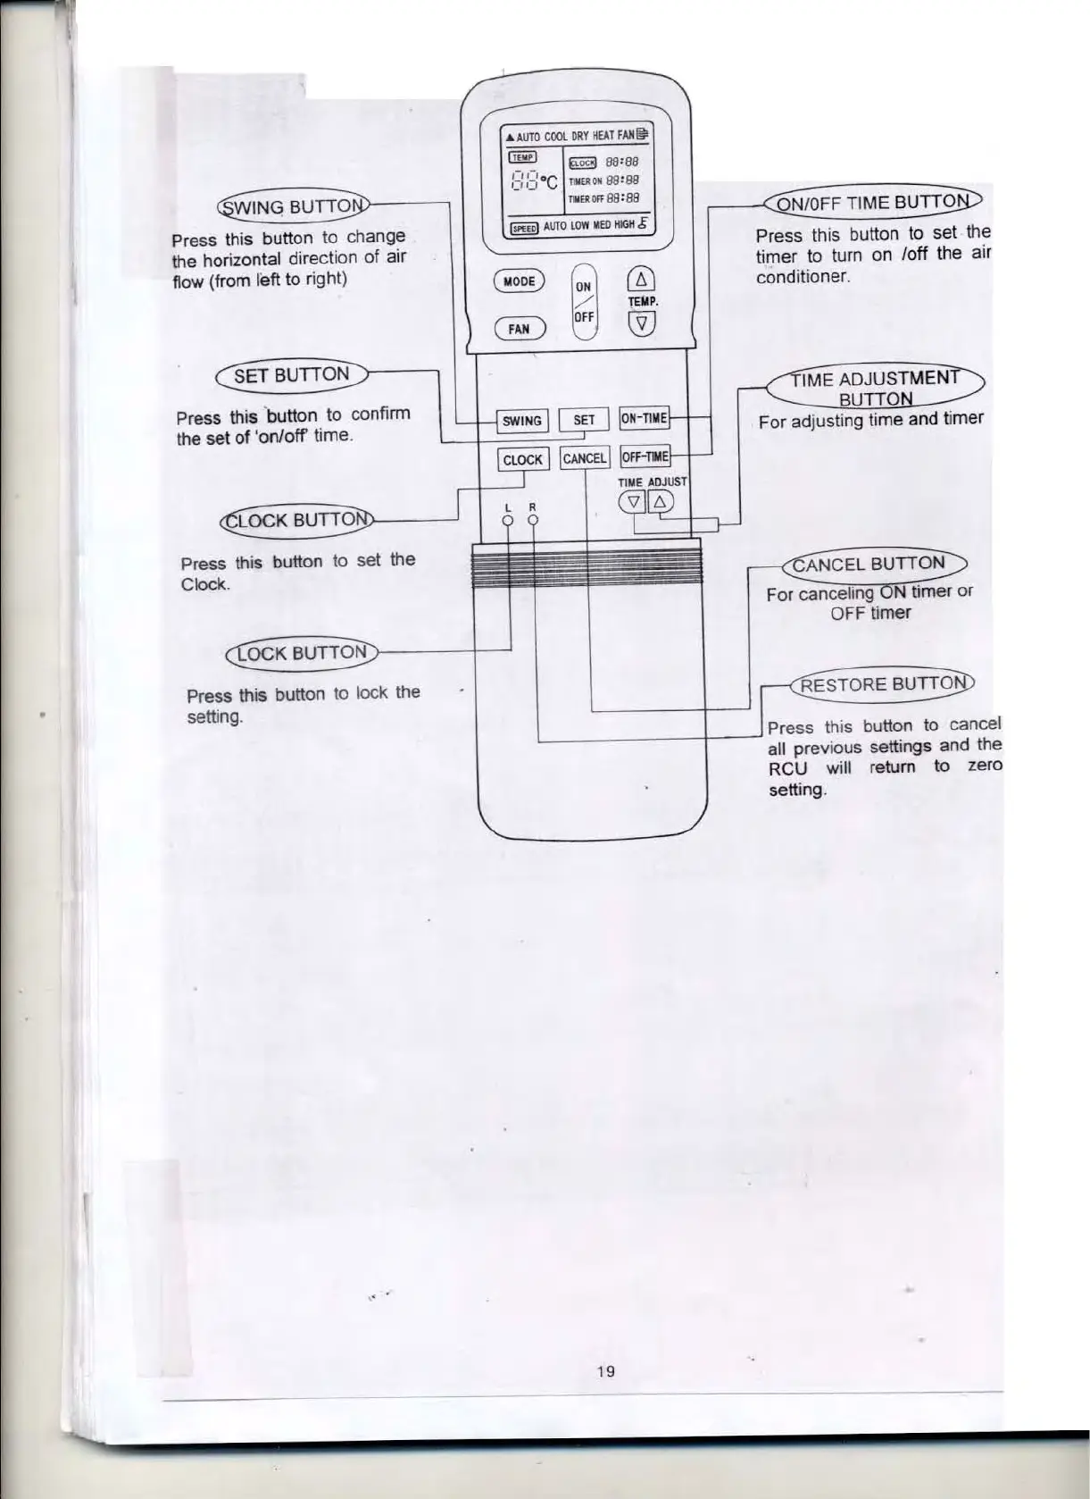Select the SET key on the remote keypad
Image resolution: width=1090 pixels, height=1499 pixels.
pos(584,420)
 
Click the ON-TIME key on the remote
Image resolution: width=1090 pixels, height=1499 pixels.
pos(644,418)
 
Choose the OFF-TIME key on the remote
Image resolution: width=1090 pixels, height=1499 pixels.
pos(645,457)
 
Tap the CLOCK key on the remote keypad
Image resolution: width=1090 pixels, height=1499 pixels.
pos(523,459)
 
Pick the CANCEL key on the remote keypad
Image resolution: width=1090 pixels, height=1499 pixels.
pos(585,459)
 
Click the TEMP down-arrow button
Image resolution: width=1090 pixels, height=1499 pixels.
pos(642,323)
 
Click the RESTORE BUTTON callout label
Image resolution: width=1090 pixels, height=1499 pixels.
pos(882,684)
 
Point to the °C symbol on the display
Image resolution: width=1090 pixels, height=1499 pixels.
pos(551,184)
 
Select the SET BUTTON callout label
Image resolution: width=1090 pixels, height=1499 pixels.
pos(291,374)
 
